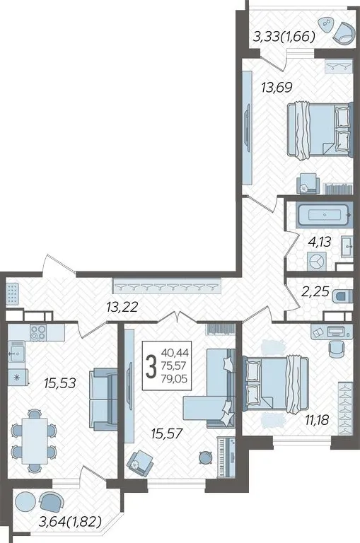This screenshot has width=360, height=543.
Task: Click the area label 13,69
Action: click(277, 87)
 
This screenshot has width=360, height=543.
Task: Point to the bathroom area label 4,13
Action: click(320, 242)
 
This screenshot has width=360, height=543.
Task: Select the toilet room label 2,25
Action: click(315, 291)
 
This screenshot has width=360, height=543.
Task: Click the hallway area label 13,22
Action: click(122, 306)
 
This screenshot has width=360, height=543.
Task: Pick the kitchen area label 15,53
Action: click(60, 383)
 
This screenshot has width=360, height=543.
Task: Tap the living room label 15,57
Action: click(167, 433)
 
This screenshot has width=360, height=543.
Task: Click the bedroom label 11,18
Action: click(317, 420)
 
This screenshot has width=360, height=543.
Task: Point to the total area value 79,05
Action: click(174, 379)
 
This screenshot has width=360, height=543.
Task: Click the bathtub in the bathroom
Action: click(323, 216)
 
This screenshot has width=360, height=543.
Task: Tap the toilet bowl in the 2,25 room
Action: click(342, 296)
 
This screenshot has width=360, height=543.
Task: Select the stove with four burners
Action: click(37, 332)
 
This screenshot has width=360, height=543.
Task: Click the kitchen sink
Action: click(17, 351)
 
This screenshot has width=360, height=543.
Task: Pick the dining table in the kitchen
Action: click(34, 441)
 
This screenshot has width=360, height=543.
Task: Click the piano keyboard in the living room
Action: click(226, 457)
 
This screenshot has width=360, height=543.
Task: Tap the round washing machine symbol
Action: click(316, 262)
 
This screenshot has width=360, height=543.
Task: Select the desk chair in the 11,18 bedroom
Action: click(335, 349)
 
